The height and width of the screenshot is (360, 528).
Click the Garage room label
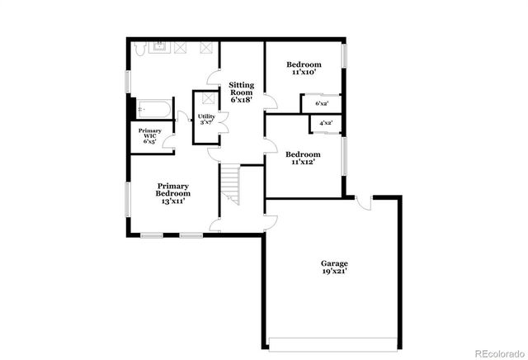[x=334, y=263]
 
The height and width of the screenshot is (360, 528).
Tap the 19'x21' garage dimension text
[x=334, y=272]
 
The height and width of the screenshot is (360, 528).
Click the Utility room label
[x=206, y=116]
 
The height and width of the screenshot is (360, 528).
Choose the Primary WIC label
[x=150, y=133]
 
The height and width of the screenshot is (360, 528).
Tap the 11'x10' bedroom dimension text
[x=305, y=73]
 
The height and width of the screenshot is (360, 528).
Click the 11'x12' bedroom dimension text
[x=304, y=162]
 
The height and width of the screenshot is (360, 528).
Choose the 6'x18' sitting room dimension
[x=241, y=100]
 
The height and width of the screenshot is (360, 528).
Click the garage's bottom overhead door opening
[x=334, y=342]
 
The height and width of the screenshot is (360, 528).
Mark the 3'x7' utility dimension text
[x=206, y=123]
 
